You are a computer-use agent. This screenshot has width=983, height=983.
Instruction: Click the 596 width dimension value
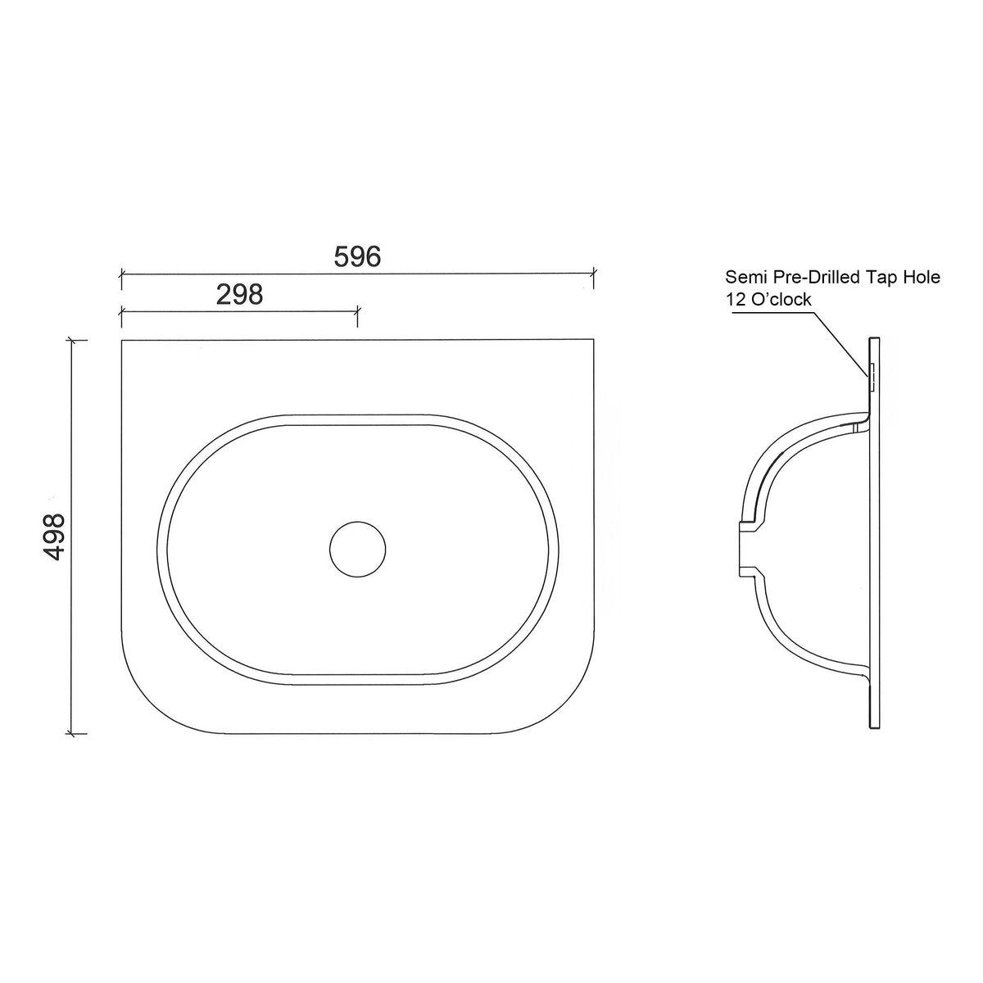click(358, 256)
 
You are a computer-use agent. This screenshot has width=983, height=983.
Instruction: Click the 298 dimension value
click(240, 294)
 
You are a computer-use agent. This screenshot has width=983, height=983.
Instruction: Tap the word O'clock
click(781, 300)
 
